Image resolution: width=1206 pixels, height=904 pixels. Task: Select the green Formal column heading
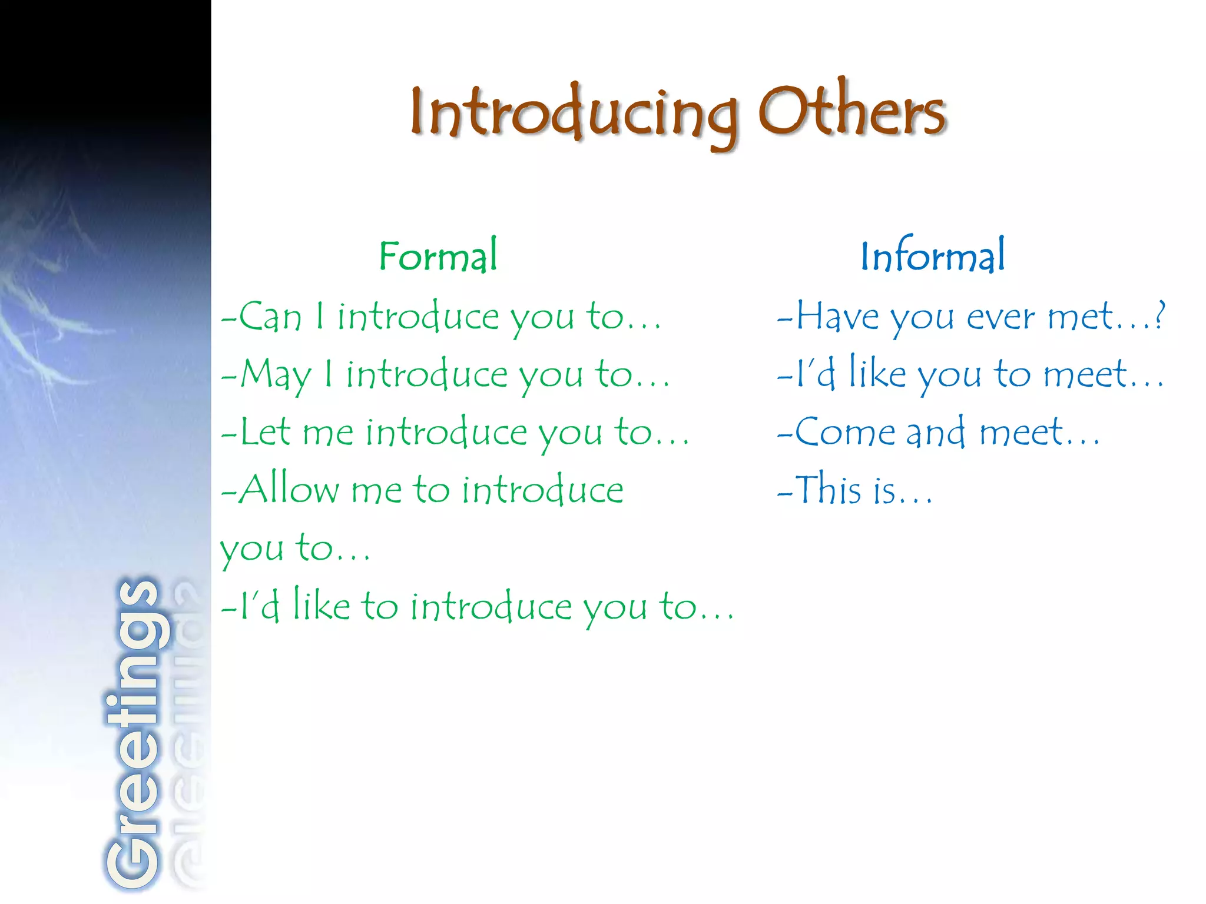(x=438, y=256)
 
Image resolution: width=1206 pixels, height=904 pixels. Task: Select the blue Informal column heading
(x=933, y=256)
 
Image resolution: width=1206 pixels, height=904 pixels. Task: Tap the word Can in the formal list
(x=270, y=317)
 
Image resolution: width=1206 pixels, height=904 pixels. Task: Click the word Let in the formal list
(x=265, y=431)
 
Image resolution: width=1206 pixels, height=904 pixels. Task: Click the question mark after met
(x=1159, y=315)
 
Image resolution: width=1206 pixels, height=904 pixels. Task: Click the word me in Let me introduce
(x=328, y=433)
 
